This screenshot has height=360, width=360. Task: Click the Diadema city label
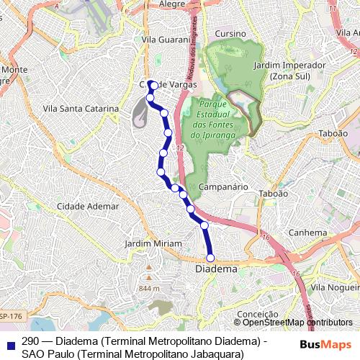point(216,269)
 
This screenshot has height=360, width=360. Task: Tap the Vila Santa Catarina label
point(81,109)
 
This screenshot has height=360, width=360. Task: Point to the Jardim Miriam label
point(153,243)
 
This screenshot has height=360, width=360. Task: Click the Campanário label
point(223,186)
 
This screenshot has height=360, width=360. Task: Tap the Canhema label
point(307,233)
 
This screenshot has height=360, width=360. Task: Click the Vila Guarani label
point(165,40)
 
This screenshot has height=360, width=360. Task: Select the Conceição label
point(257,314)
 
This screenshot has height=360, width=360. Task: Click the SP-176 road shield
point(10,315)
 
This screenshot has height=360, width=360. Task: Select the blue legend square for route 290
point(9,343)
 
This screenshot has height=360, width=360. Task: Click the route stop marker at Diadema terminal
point(211,257)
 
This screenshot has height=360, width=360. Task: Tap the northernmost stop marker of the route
point(150,83)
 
